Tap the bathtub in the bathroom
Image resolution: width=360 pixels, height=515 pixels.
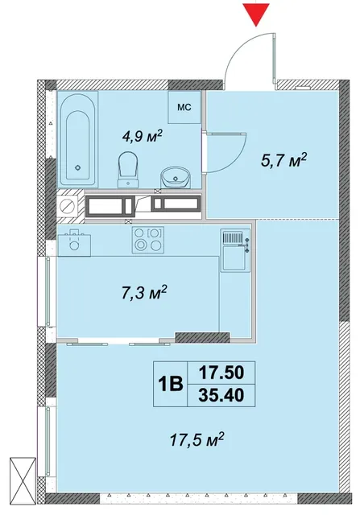point(77,139)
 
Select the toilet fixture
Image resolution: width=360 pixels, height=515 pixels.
point(128,170)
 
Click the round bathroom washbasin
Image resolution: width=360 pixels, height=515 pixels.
point(176,177)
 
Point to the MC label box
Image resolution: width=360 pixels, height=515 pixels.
point(184,107)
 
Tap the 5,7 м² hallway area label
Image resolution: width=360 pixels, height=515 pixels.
point(283,161)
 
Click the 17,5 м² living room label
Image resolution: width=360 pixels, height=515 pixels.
point(197,439)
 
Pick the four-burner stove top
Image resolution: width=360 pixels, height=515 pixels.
point(148,240)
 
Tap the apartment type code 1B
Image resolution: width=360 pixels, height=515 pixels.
point(170,384)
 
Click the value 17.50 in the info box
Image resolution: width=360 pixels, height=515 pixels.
point(221,373)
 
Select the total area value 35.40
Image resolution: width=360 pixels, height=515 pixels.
point(221,395)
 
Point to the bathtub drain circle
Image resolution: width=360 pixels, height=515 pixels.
point(77,167)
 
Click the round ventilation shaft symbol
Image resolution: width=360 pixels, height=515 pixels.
point(68,207)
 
